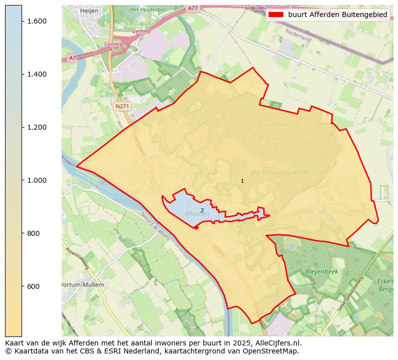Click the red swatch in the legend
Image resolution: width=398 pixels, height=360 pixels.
(x=276, y=15)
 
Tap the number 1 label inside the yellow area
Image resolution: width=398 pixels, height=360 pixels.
(x=243, y=181)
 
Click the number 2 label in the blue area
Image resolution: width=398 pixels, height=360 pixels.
(x=202, y=210)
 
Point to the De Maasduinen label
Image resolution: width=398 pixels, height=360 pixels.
(x=279, y=173)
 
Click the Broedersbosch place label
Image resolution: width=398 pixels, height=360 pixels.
(x=278, y=125)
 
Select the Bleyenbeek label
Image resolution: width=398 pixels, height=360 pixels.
(x=322, y=271)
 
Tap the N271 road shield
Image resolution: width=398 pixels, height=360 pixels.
(x=122, y=106)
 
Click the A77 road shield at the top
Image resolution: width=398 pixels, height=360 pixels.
(x=193, y=9)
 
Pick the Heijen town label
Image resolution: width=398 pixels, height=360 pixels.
(x=89, y=11)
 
